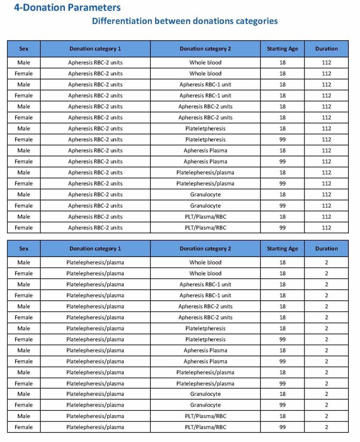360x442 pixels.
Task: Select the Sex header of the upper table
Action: (24, 49)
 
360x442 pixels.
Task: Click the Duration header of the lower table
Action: (326, 248)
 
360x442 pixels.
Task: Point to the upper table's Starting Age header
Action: (282, 49)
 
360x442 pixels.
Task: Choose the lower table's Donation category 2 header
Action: (205, 248)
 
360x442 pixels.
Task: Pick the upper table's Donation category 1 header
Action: (95, 49)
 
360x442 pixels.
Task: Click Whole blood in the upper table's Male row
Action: (205, 63)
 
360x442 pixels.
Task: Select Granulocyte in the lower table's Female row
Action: (205, 405)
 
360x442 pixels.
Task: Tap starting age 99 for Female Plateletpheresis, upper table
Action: (282, 140)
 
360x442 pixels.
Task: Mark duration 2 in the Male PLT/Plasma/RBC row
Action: (326, 416)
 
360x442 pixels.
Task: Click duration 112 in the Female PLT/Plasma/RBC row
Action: (326, 228)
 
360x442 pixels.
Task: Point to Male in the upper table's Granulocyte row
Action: (24, 194)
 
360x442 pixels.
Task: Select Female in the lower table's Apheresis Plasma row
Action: (24, 361)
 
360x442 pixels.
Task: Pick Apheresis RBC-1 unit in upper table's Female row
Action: (205, 95)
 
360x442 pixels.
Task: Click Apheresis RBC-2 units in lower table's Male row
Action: (205, 306)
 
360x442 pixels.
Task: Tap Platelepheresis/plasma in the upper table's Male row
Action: (205, 172)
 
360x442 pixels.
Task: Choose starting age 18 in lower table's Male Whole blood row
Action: (282, 262)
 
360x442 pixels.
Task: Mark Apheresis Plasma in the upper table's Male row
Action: (205, 150)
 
